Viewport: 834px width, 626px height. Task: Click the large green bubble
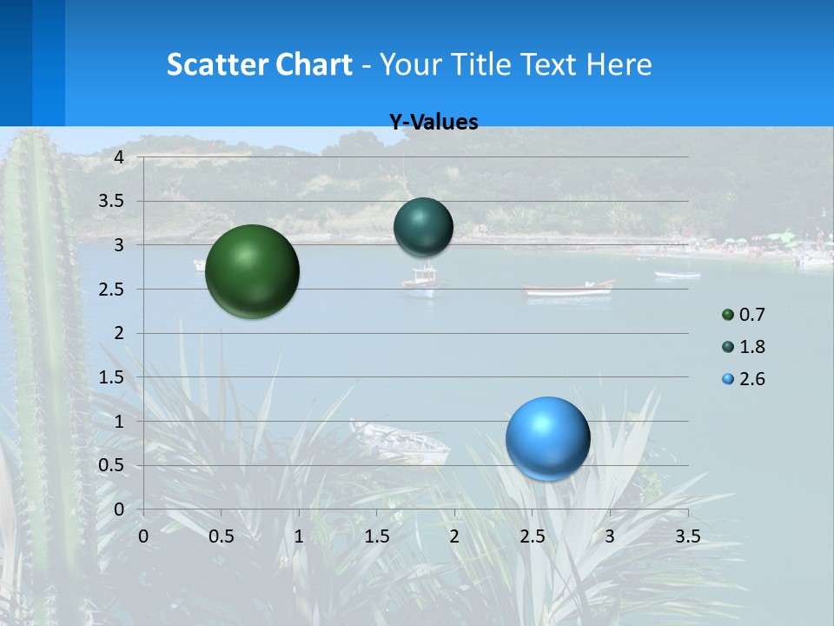pos(252,271)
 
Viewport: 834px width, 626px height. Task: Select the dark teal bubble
pos(423,228)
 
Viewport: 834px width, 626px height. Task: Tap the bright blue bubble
pos(547,438)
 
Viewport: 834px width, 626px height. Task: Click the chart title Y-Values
pos(434,123)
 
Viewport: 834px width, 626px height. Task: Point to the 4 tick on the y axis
pos(120,156)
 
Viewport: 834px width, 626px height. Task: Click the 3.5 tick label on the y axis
pos(113,201)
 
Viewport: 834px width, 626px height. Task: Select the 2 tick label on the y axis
pos(120,333)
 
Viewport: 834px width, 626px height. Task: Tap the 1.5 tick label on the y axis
pos(113,377)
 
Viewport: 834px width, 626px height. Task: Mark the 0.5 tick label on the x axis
pos(221,536)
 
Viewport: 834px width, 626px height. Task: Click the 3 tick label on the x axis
pos(610,536)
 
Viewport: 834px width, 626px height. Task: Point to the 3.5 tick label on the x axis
pos(687,536)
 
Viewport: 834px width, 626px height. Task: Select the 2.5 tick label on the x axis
pos(532,536)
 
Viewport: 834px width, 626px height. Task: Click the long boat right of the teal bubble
pos(568,290)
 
